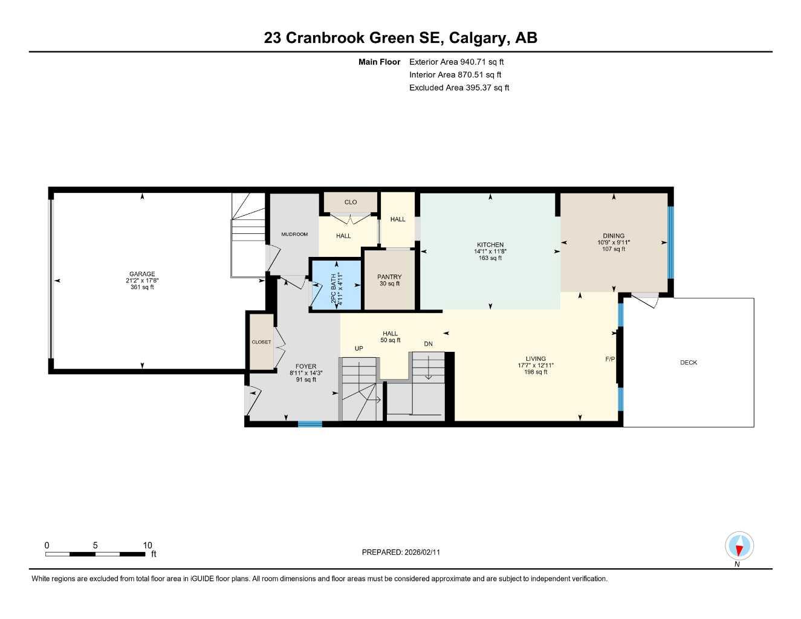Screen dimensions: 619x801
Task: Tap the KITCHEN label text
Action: tap(490, 245)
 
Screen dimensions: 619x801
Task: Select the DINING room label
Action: tap(614, 236)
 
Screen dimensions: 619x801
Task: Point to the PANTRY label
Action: tap(389, 277)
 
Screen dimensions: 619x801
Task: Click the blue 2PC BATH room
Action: tap(336, 285)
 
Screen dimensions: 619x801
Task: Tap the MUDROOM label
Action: tap(294, 234)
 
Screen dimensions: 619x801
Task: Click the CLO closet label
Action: tap(351, 202)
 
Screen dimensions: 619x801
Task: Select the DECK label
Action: tap(689, 363)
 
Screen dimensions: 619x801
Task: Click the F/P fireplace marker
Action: tap(610, 359)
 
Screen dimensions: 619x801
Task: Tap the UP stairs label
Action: tap(358, 348)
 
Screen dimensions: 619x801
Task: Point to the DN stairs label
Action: tap(428, 344)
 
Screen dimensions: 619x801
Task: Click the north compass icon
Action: tap(739, 546)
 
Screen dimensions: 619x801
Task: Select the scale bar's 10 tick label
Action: tap(148, 545)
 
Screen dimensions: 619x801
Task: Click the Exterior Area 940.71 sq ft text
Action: tap(456, 62)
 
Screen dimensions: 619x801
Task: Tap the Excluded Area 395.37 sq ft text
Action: tap(459, 88)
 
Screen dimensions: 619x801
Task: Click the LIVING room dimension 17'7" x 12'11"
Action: tap(536, 365)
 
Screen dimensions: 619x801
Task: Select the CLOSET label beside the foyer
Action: tap(261, 342)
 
